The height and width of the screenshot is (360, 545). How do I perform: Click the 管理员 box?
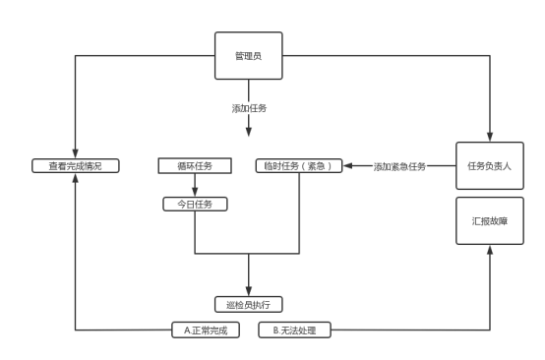[x=249, y=56]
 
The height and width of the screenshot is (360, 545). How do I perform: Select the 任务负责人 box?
[x=490, y=166]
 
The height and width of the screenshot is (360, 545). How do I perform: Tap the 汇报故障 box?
[x=490, y=221]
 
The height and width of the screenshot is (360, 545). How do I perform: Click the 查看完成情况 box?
[x=76, y=166]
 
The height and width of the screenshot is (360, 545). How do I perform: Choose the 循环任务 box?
[x=195, y=166]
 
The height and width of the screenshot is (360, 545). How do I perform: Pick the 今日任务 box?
[x=195, y=204]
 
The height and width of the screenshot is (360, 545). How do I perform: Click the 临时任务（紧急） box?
[x=299, y=166]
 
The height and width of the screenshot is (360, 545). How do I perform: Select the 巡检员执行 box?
[x=249, y=304]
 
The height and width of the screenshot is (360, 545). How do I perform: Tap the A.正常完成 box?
[x=206, y=330]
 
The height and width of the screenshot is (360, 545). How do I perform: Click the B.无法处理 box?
[x=294, y=330]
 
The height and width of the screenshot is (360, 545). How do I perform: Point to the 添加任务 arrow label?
[x=249, y=108]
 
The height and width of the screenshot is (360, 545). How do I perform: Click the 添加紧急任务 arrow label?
[x=399, y=166]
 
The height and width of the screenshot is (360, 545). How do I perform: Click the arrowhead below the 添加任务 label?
[x=249, y=132]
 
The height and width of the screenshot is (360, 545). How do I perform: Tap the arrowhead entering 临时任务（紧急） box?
[x=347, y=166]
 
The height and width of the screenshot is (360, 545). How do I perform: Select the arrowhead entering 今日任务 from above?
[x=195, y=192]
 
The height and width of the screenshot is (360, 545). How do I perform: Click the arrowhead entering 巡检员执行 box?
[x=249, y=291]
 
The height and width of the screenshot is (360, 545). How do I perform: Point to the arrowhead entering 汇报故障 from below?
[x=490, y=250]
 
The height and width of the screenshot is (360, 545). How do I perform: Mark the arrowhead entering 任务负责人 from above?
[x=490, y=137]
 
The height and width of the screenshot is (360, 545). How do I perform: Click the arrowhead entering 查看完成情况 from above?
[x=75, y=153]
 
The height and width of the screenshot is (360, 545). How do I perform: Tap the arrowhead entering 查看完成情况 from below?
[x=75, y=178]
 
